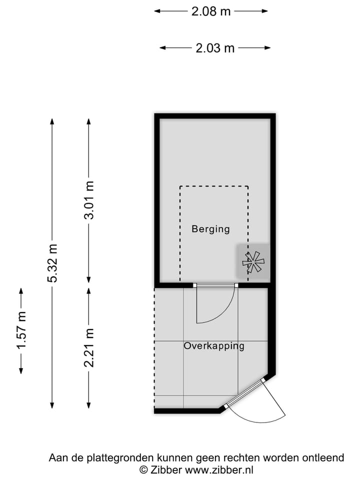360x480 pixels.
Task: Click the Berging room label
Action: (210, 229)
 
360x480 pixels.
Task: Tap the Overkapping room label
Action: (213, 346)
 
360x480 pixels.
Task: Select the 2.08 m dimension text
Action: (211, 11)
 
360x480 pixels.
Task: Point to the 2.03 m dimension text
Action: (215, 48)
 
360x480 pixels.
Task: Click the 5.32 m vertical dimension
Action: (52, 262)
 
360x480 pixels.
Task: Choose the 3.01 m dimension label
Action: (88, 200)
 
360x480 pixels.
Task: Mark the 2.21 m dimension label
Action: (88, 347)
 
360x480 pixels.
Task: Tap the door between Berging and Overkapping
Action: (215, 285)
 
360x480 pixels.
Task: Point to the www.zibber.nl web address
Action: (219, 469)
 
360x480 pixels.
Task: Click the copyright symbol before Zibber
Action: (143, 469)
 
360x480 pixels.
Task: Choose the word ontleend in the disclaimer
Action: (324, 457)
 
